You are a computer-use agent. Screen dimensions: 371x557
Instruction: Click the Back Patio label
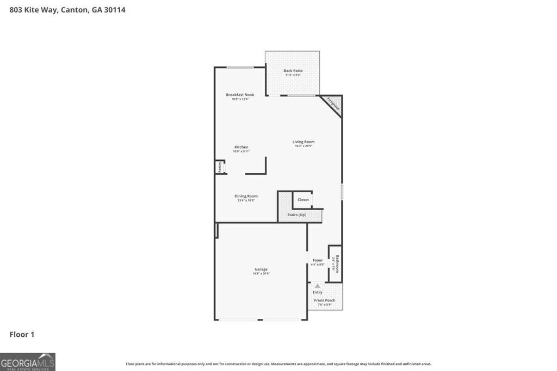click(x=293, y=71)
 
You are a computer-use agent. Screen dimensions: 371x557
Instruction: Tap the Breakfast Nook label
click(x=240, y=95)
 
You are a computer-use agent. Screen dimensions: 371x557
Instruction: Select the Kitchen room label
click(x=241, y=147)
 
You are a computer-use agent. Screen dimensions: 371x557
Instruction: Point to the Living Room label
click(x=304, y=142)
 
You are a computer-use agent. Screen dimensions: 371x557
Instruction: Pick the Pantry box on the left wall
click(x=220, y=167)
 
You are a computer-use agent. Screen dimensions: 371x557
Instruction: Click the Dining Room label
click(x=246, y=196)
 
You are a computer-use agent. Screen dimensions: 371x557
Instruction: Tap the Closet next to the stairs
click(x=303, y=199)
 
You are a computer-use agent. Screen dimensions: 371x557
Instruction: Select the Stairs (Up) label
click(x=297, y=215)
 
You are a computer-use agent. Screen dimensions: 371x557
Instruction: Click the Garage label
click(x=261, y=269)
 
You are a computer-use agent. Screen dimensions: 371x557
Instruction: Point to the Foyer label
click(x=318, y=260)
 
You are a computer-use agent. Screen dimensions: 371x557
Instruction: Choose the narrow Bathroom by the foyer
click(x=336, y=263)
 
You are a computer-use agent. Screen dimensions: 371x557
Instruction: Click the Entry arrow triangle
click(x=317, y=285)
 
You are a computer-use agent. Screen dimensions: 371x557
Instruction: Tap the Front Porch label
click(x=325, y=300)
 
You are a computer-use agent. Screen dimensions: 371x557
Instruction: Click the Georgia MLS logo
click(x=28, y=362)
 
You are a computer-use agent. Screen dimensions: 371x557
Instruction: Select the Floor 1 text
click(x=22, y=334)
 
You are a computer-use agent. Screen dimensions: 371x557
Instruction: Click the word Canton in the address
click(x=74, y=9)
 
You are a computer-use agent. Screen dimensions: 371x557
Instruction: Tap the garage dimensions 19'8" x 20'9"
click(x=261, y=273)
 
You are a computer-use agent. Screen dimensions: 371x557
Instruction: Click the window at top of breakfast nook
click(x=240, y=67)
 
